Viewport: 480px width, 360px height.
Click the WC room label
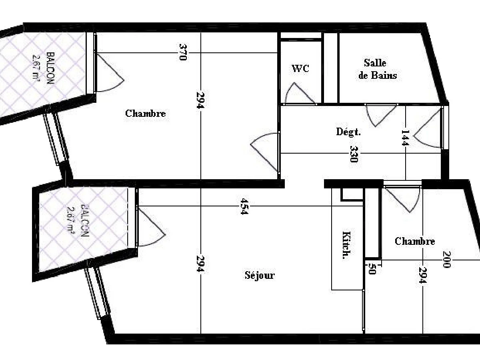pyautogui.click(x=300, y=68)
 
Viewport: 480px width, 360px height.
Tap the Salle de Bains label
pyautogui.click(x=378, y=69)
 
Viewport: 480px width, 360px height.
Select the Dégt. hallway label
pyautogui.click(x=348, y=132)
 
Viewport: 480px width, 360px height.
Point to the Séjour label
pyautogui.click(x=260, y=275)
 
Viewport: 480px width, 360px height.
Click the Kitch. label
pyautogui.click(x=347, y=245)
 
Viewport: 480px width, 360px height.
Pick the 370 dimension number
pyautogui.click(x=183, y=52)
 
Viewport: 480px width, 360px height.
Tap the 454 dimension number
pyautogui.click(x=244, y=206)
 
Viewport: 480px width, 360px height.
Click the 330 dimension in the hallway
pyautogui.click(x=354, y=154)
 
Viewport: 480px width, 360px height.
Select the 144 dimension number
pyautogui.click(x=405, y=138)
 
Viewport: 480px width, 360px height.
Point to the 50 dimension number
pyautogui.click(x=372, y=269)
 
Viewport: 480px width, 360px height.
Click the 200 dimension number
pyautogui.click(x=446, y=260)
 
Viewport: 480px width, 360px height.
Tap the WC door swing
pyautogui.click(x=300, y=93)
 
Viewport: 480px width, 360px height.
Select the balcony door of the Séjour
pyautogui.click(x=151, y=227)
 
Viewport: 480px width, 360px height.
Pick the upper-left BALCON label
pyautogui.click(x=50, y=68)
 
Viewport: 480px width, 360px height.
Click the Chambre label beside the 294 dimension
pyautogui.click(x=146, y=114)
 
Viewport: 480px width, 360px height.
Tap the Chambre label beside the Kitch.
pyautogui.click(x=415, y=241)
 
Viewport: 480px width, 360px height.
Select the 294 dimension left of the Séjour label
pyautogui.click(x=200, y=264)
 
